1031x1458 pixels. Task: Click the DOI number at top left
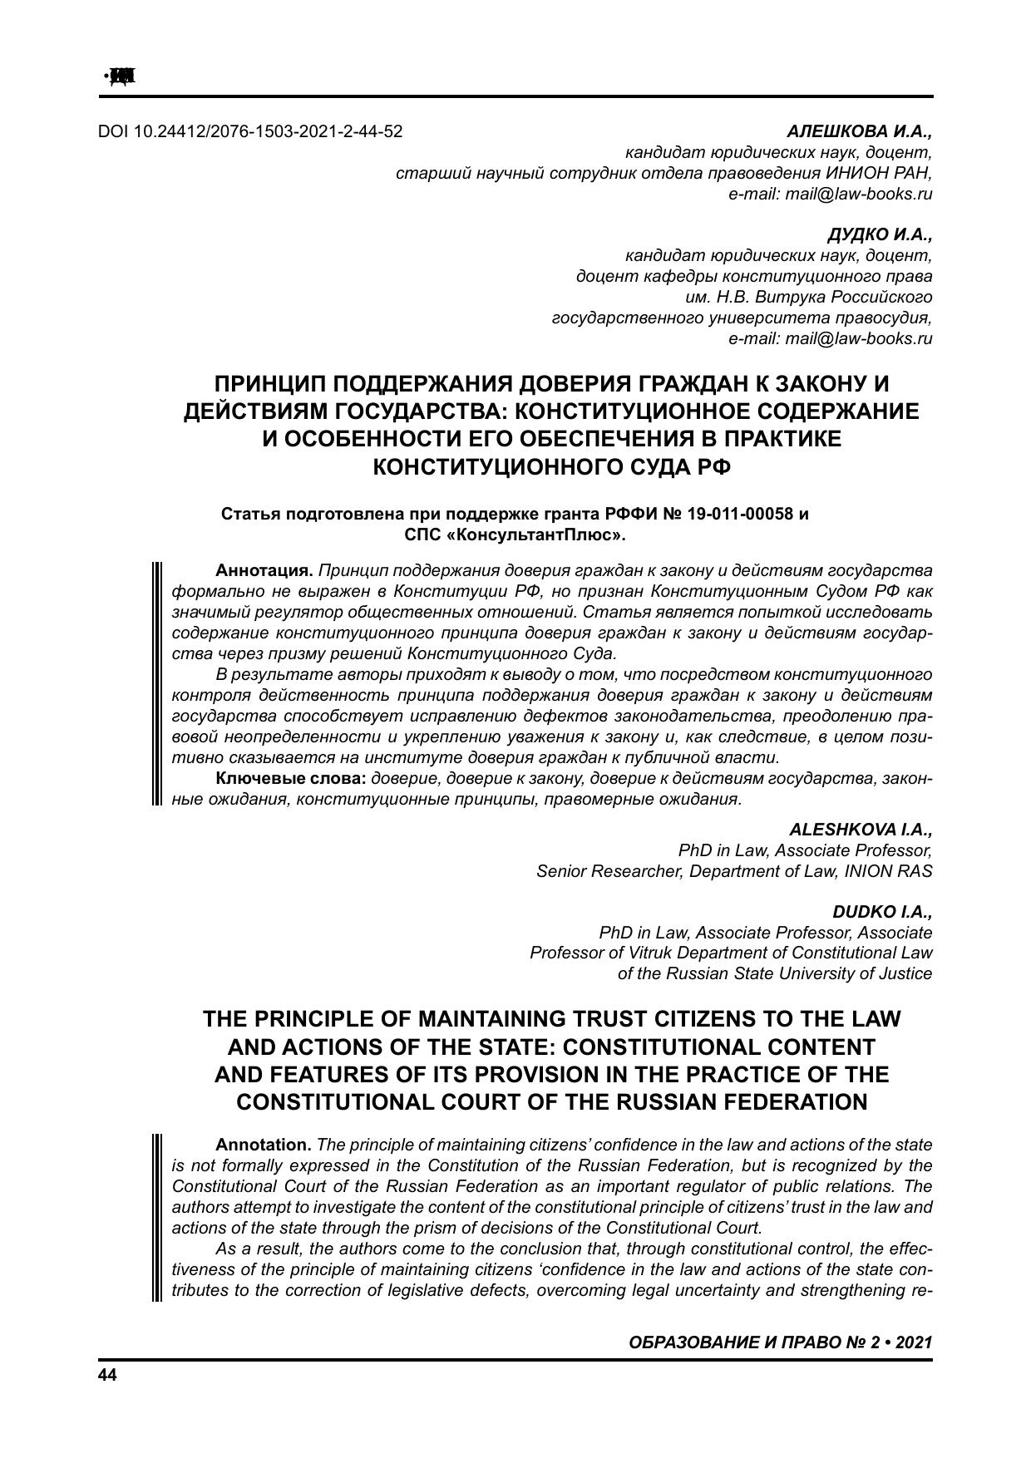coord(250,131)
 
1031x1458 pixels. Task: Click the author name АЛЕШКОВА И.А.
coord(860,131)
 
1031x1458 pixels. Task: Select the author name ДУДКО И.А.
coord(880,234)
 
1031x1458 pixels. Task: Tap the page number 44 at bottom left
coord(108,1375)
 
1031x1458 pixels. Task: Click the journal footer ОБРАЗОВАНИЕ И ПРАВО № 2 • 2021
coord(781,1342)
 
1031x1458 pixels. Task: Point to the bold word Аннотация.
coord(264,571)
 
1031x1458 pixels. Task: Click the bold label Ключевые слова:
coord(291,779)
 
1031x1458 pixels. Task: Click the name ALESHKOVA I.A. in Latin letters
coord(860,830)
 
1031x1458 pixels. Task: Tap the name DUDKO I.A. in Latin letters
coord(882,911)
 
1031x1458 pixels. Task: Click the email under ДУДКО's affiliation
coord(830,338)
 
